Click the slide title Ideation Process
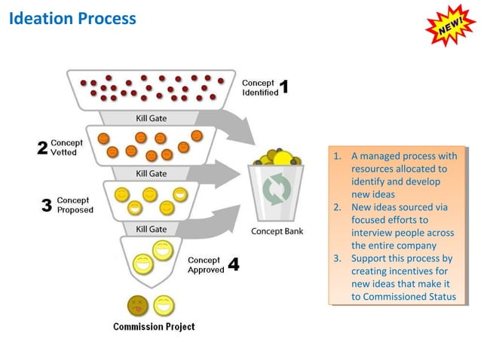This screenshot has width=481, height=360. [x=73, y=18]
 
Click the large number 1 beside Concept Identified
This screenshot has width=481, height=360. [x=284, y=87]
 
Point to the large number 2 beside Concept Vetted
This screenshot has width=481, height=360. [x=43, y=148]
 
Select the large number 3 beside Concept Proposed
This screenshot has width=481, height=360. [x=47, y=205]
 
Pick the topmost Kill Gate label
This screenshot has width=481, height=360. [x=152, y=117]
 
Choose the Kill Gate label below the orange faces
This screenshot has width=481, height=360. [x=152, y=173]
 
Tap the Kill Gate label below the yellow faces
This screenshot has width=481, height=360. [x=152, y=228]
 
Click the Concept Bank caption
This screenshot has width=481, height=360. [x=277, y=231]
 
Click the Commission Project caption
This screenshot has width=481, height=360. [x=154, y=327]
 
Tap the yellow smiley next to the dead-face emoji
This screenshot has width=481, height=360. [x=164, y=305]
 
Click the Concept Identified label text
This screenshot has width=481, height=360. [x=259, y=87]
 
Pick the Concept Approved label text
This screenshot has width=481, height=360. [x=206, y=264]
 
